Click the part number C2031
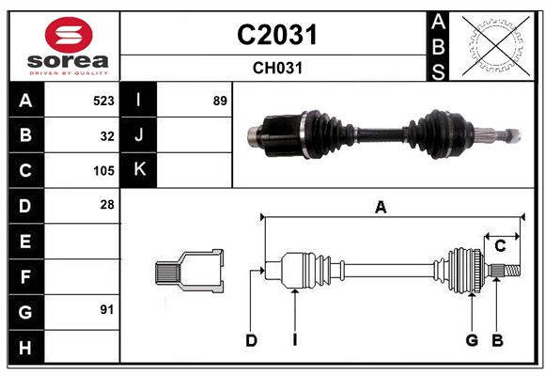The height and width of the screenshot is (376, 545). click(276, 35)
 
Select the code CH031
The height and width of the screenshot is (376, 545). click(276, 69)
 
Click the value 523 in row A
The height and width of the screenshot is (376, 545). click(103, 101)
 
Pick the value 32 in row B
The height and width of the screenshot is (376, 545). click(107, 135)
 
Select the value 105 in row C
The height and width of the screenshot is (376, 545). click(103, 171)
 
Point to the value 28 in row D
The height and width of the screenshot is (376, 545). click(107, 204)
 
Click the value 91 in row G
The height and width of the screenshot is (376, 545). click(107, 309)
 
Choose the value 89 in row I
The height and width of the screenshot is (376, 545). click(220, 101)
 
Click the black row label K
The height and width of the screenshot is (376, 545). click(139, 170)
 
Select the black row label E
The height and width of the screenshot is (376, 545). click(25, 242)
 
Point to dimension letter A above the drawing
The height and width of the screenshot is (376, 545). click(381, 207)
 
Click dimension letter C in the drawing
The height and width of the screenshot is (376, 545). click(500, 246)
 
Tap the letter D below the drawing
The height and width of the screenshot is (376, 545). click(251, 340)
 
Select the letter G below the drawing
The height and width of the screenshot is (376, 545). click(472, 340)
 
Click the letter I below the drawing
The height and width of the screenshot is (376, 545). click(294, 340)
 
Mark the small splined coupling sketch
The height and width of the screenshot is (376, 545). click(189, 272)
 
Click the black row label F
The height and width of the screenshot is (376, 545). click(25, 277)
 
